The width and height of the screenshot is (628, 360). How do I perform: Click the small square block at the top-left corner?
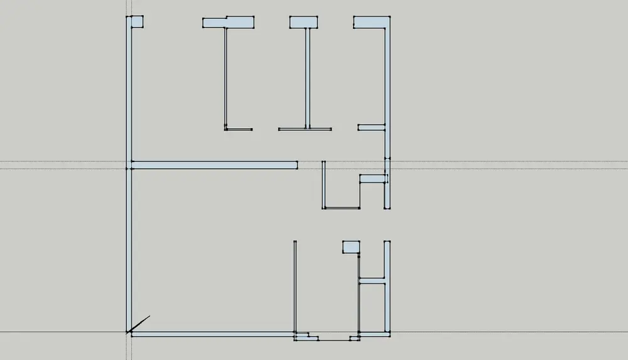tap(137, 22)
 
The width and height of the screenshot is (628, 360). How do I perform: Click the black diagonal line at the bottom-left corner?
tap(139, 324)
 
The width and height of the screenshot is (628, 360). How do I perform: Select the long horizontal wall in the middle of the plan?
tap(214, 165)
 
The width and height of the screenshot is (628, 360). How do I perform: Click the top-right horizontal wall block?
tap(371, 23)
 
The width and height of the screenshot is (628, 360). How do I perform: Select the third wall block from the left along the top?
tap(303, 23)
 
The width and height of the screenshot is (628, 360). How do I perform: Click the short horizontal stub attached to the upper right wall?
tap(371, 128)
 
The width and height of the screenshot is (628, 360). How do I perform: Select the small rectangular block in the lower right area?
tap(350, 247)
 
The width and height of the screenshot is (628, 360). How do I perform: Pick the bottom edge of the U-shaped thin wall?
tap(341, 208)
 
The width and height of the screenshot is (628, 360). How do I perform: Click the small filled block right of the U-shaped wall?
tap(372, 179)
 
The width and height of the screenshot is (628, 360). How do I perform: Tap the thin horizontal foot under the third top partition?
tap(305, 129)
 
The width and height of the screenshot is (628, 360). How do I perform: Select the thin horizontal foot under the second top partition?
tap(239, 129)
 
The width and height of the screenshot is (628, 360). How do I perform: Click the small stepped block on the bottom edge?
tap(306, 337)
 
